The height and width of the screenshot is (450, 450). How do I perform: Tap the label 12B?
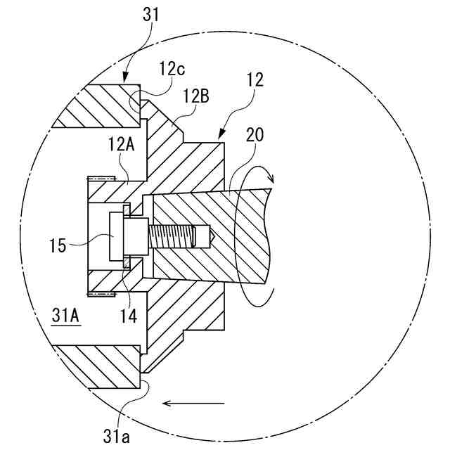(x=195, y=96)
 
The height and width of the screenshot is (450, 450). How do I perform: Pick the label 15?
(x=58, y=245)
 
